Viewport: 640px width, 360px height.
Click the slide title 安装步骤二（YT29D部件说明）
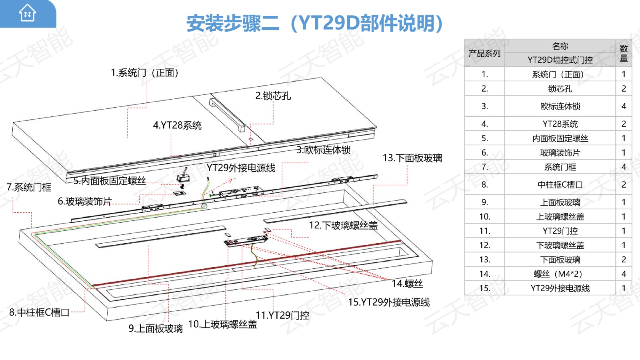click(x=314, y=23)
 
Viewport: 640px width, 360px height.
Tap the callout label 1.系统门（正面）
click(x=145, y=73)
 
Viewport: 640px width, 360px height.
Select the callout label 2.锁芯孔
click(x=273, y=96)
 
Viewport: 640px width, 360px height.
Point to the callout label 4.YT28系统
click(x=177, y=126)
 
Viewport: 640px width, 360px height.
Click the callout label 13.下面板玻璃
click(x=412, y=158)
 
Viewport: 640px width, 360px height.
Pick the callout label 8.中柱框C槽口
click(x=39, y=312)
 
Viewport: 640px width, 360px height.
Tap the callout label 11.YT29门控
click(x=282, y=315)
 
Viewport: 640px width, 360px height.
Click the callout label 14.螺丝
click(x=407, y=284)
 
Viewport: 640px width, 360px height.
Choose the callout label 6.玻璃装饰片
click(x=85, y=201)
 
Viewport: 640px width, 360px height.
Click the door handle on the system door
click(x=227, y=115)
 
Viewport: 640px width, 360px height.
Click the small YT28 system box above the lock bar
click(x=183, y=177)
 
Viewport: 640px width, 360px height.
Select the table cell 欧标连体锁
click(x=560, y=106)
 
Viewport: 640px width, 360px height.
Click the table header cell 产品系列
click(x=484, y=53)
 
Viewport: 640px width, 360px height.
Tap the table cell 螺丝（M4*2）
click(x=560, y=274)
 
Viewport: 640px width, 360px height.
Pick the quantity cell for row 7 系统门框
click(x=624, y=167)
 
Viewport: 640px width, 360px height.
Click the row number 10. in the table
click(x=484, y=217)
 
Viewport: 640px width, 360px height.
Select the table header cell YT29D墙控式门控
click(x=560, y=60)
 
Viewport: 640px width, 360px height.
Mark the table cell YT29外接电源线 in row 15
click(x=560, y=288)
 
